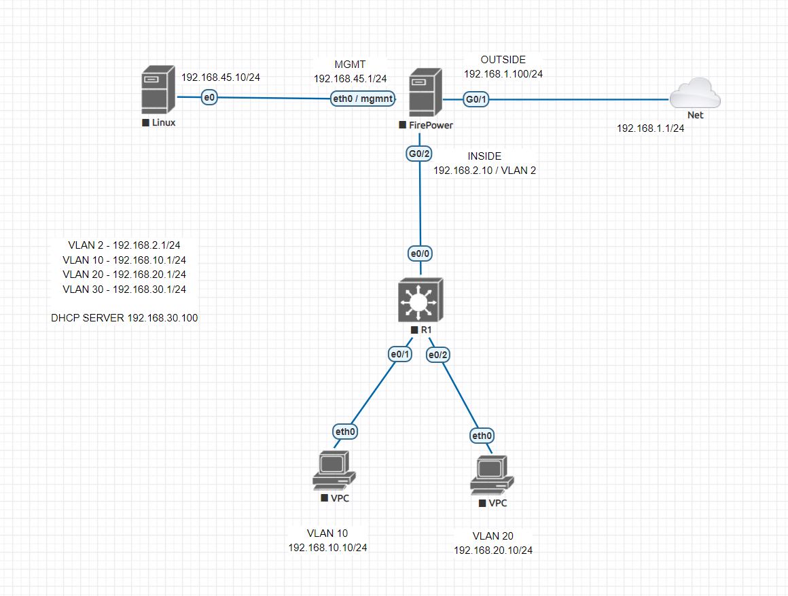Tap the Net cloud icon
[695, 94]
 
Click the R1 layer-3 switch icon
[420, 300]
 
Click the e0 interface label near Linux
[209, 98]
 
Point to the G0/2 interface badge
[419, 154]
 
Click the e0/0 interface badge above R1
[420, 253]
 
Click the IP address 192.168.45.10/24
[221, 77]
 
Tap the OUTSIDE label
[503, 60]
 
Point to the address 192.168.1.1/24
[650, 128]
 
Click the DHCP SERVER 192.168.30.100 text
[124, 317]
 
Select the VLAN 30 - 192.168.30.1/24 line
[124, 289]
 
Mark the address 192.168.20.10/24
[493, 550]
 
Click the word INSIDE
[484, 156]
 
